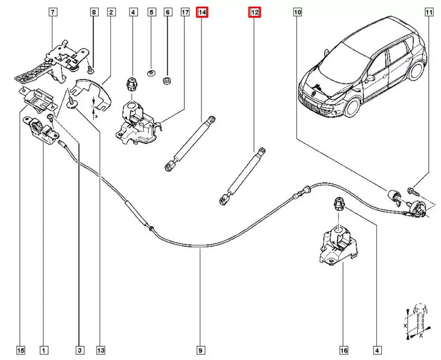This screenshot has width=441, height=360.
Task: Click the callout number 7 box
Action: (x=52, y=13)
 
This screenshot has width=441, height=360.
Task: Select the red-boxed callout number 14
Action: (x=202, y=13)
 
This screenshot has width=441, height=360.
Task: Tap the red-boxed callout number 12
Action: (x=254, y=13)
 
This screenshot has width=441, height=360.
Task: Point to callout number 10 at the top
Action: (x=297, y=13)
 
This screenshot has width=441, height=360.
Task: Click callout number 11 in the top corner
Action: (x=428, y=13)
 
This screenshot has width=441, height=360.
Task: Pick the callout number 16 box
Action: (x=344, y=350)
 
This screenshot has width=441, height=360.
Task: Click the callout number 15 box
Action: (x=20, y=350)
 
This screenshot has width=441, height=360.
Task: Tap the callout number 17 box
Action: (x=185, y=13)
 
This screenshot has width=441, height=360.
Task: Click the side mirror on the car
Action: (x=370, y=78)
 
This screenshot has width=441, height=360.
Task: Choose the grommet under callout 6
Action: (x=168, y=81)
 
